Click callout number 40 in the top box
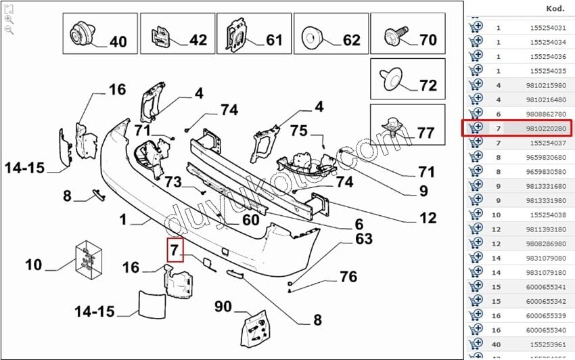pyautogui.click(x=118, y=42)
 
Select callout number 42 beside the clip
pyautogui.click(x=198, y=40)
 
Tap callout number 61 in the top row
pyautogui.click(x=274, y=40)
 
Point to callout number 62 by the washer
pyautogui.click(x=351, y=40)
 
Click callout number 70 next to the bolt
pyautogui.click(x=428, y=40)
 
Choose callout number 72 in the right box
pyautogui.click(x=428, y=86)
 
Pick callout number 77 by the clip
pyautogui.click(x=425, y=132)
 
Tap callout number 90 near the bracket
pyautogui.click(x=224, y=306)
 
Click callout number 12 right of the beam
pyautogui.click(x=428, y=218)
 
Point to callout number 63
pyautogui.click(x=365, y=239)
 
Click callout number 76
pyautogui.click(x=348, y=276)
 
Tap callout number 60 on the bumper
pyautogui.click(x=250, y=219)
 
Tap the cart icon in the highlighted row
pyautogui.click(x=476, y=127)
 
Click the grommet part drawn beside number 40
pyautogui.click(x=79, y=33)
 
